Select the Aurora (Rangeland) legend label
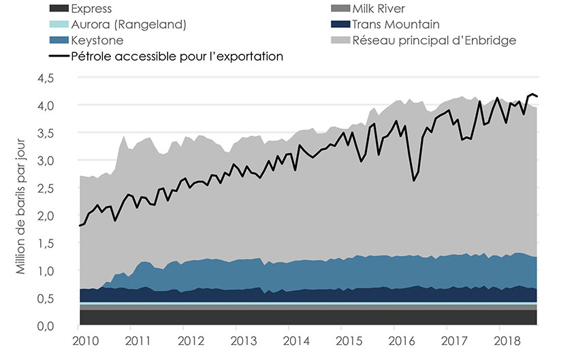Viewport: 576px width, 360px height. [x=129, y=24]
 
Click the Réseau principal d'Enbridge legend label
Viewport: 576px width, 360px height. [x=434, y=40]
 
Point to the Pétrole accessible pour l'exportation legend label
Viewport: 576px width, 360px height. [x=177, y=56]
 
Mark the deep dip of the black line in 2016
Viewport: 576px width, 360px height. [x=413, y=181]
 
